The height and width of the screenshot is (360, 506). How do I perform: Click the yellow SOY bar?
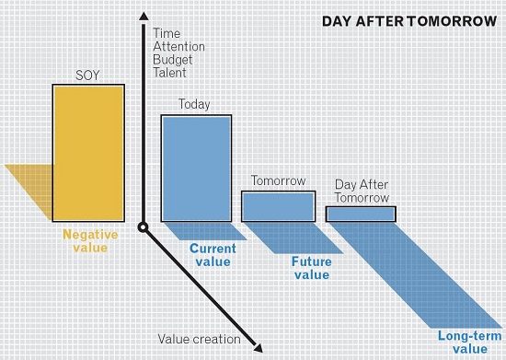87,152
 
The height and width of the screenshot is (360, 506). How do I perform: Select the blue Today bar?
197,168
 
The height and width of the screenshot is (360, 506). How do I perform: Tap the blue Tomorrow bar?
278,206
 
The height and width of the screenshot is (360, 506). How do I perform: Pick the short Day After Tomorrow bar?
361,214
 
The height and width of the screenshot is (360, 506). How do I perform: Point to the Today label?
194,105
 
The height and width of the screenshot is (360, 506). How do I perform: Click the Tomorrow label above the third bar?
280,180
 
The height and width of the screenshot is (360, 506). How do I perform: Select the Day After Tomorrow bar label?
362,192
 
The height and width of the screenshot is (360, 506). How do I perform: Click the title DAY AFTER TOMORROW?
408,21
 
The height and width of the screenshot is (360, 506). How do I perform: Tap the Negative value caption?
89,241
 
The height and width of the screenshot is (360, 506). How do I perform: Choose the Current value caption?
213,255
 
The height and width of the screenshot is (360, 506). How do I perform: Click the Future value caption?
311,268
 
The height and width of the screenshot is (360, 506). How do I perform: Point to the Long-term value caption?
463,342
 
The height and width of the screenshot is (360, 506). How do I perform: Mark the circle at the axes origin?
143,226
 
